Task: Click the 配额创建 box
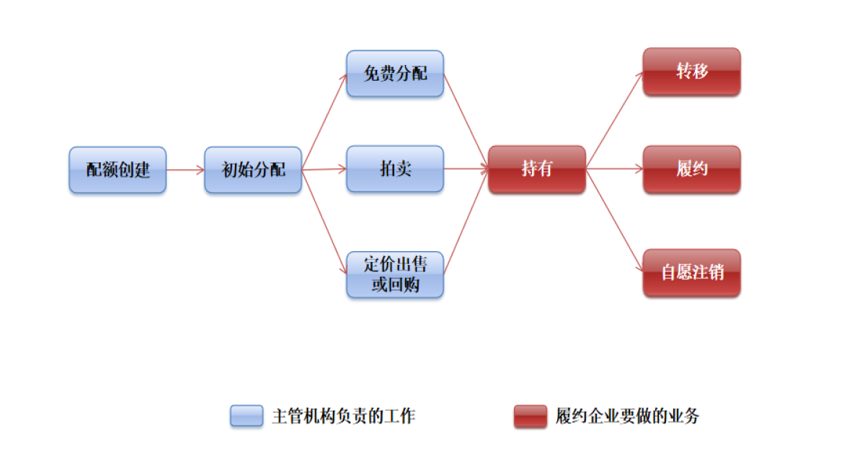tap(117, 170)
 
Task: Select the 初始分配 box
tap(253, 170)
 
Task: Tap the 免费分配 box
tap(395, 74)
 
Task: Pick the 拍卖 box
tap(395, 169)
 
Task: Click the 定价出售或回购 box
tap(395, 275)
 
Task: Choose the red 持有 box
tap(537, 169)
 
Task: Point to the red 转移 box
tap(692, 71)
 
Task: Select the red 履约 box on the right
tap(692, 169)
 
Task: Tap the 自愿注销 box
tap(692, 273)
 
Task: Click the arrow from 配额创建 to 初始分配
tap(185, 170)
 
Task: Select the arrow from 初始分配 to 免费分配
tap(324, 122)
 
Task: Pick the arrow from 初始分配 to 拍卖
tap(324, 170)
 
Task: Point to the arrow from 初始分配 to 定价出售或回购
tap(324, 222)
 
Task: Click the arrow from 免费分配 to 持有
tap(466, 121)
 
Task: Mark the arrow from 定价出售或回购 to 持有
tap(466, 222)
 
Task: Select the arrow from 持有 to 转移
tap(615, 121)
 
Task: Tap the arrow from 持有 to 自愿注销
tap(615, 220)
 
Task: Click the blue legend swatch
tap(247, 416)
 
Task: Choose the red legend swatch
tap(531, 416)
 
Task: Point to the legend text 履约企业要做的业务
tap(628, 416)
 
